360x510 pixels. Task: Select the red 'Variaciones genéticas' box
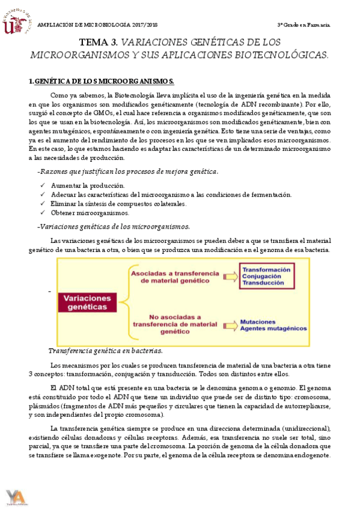85,303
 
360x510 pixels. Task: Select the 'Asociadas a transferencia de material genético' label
169,277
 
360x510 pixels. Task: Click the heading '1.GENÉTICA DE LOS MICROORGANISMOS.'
102,81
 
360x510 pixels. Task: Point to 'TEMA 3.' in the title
99,43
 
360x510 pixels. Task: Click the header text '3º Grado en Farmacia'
302,25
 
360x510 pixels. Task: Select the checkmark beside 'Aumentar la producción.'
42,185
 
